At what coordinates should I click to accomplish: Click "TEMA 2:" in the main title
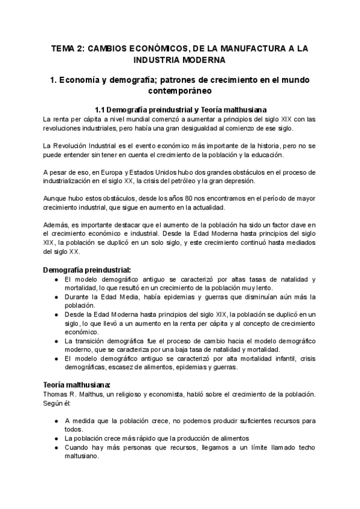[67, 47]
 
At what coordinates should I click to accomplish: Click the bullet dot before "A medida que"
[56, 420]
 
